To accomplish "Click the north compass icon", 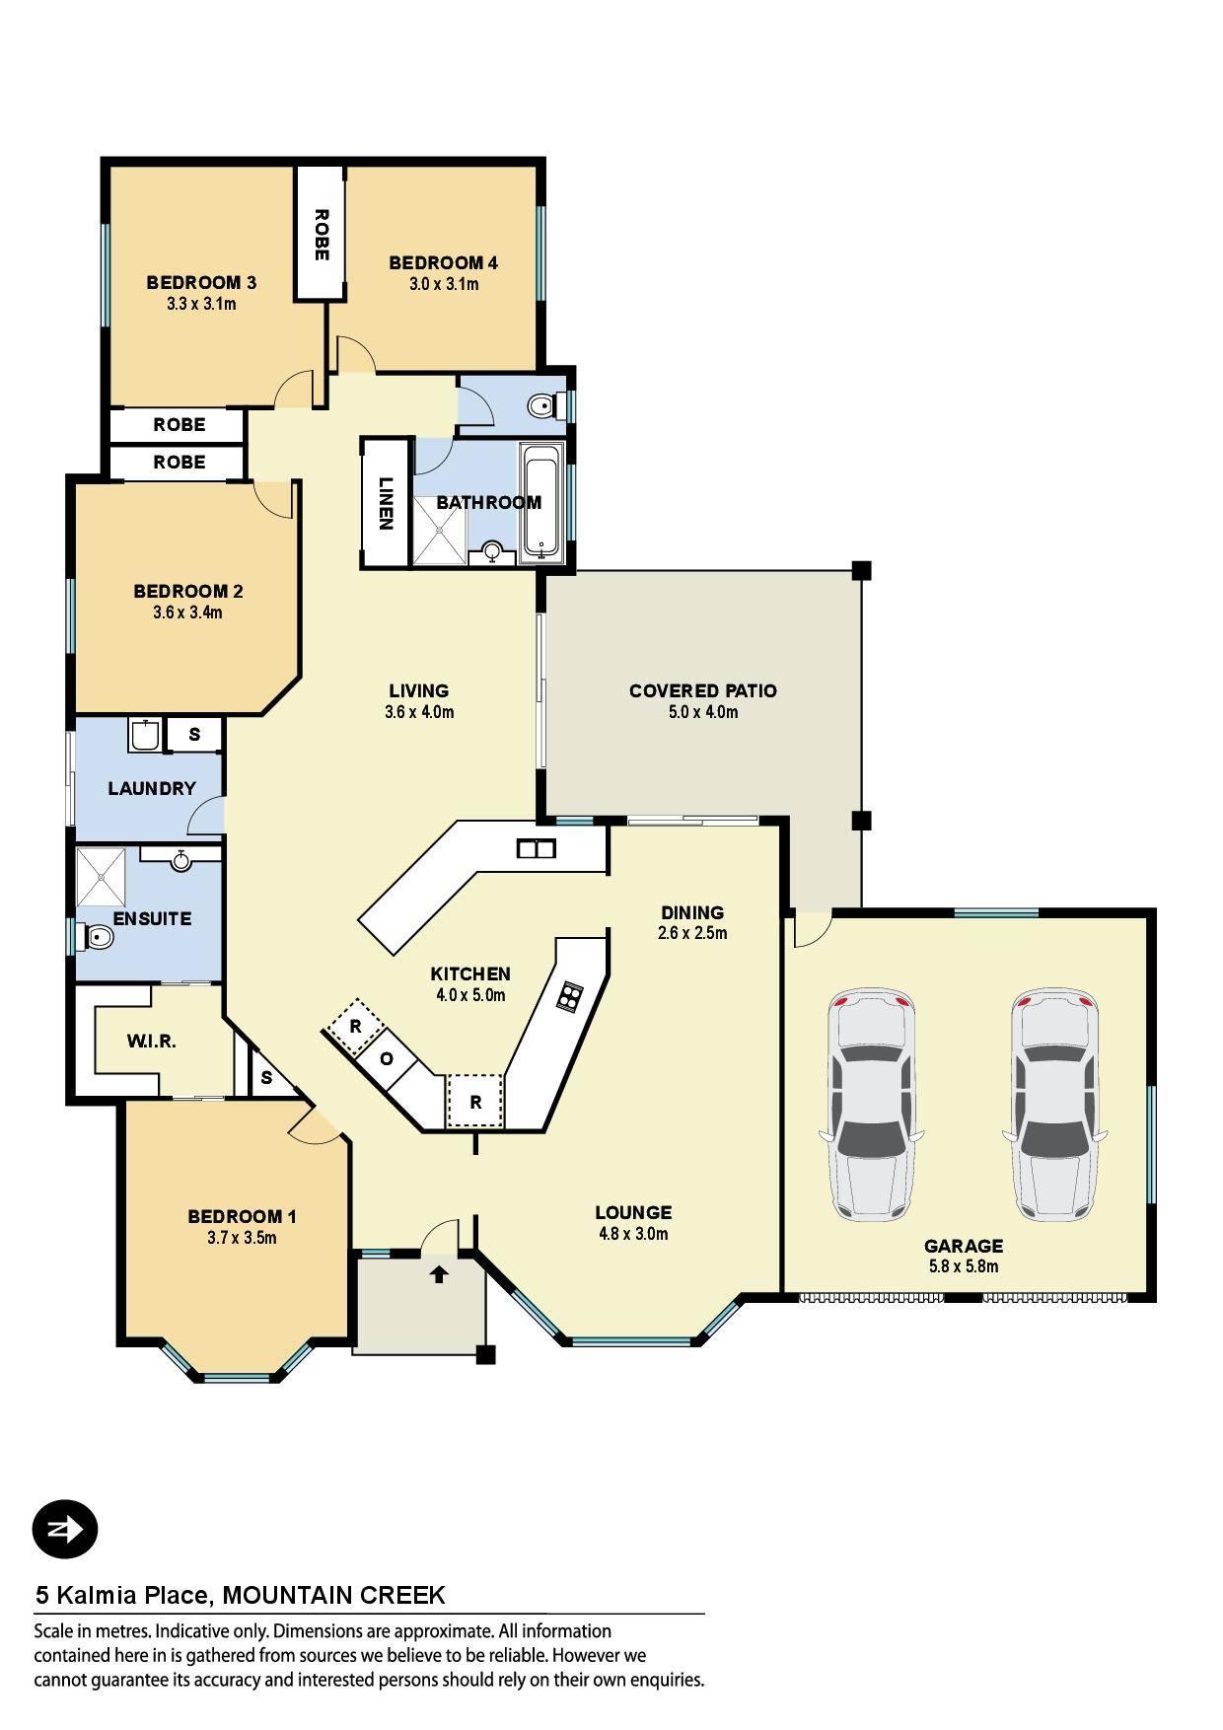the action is pos(65,1530).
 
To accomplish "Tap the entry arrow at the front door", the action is pos(439,1275).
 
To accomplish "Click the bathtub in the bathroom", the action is pos(541,501).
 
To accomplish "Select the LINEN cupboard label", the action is pos(386,504).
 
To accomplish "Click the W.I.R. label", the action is pos(152,1041).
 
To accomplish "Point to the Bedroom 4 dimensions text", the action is pos(444,284).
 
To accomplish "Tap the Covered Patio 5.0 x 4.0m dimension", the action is pos(703,712).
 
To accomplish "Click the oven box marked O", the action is pos(387,1058).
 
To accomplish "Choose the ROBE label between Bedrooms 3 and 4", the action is pos(321,235).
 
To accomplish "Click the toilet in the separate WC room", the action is pos(542,405).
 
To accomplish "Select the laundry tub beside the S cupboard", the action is pos(145,735).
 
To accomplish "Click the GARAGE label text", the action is pos(964,1246).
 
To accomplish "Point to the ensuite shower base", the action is pos(103,877).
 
